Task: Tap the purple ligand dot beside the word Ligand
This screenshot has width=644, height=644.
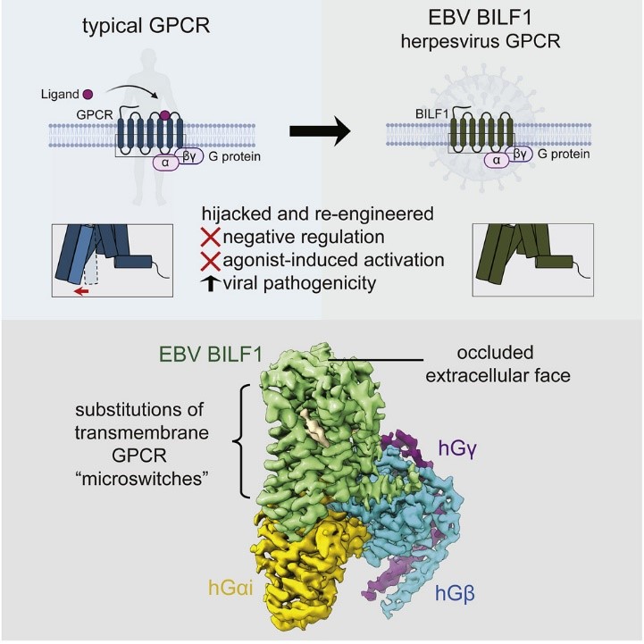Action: (x=88, y=93)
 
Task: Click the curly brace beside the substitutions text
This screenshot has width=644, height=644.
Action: (x=238, y=439)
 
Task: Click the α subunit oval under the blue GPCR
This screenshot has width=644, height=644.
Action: (x=165, y=163)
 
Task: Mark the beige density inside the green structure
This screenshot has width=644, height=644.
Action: (x=315, y=433)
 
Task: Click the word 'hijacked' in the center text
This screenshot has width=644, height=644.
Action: (x=238, y=214)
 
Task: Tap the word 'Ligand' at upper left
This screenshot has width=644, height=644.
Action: (x=54, y=93)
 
